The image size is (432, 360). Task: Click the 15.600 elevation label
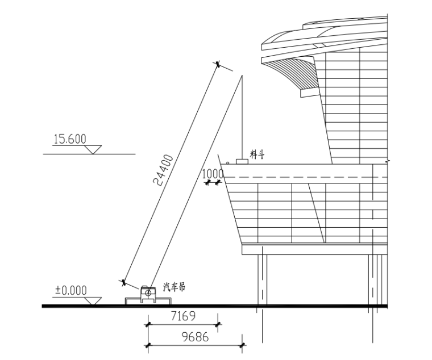point(70,139)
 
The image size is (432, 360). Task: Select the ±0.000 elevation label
point(71,291)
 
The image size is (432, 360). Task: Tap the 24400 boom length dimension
point(163,170)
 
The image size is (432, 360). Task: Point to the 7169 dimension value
point(183,316)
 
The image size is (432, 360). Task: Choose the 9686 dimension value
point(196,337)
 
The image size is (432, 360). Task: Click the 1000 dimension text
point(213,174)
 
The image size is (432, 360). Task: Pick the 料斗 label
point(257,154)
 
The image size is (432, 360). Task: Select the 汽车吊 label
point(174,287)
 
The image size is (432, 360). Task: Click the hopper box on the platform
point(242,162)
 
